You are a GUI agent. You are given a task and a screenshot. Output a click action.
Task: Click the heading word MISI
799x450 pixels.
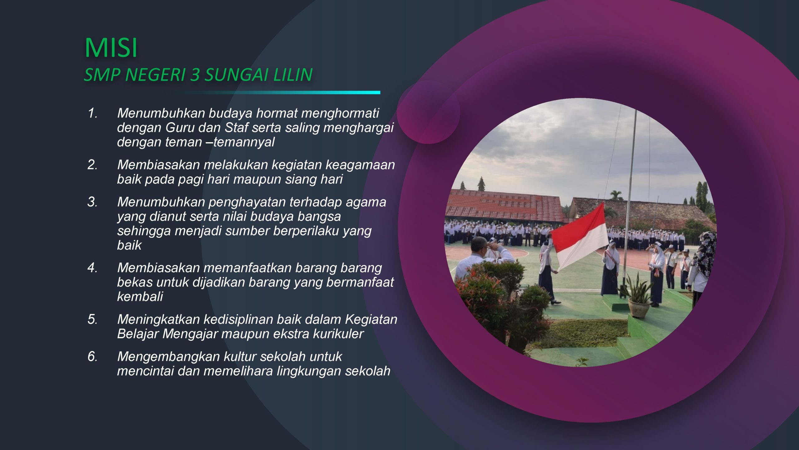[x=111, y=48]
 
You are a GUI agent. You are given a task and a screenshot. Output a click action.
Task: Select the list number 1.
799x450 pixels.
[x=92, y=113]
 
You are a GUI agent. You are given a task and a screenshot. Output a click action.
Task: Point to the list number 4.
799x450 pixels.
[x=92, y=268]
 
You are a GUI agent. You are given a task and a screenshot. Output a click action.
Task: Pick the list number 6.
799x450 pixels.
[x=92, y=357]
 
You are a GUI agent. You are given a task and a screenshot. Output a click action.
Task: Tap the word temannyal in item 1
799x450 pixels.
[x=244, y=142]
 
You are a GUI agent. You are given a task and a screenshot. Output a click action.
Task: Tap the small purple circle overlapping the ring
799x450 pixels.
[x=428, y=112]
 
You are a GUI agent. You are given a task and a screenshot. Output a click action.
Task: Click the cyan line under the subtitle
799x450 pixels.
[x=277, y=92]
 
